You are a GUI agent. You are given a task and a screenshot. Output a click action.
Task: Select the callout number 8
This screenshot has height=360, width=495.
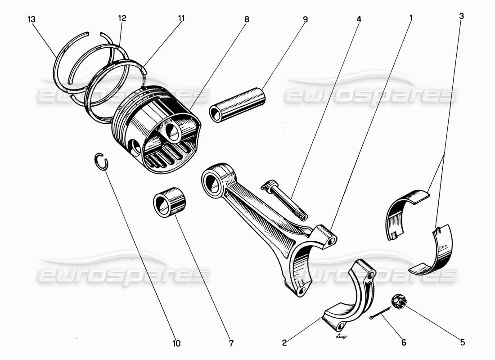pos(246,19)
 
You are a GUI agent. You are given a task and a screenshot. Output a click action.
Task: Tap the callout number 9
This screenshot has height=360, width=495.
pos(305,19)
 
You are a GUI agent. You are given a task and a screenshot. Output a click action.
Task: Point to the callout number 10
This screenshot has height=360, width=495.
pos(176,343)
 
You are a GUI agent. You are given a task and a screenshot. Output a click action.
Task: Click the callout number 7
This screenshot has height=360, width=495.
pos(231,343)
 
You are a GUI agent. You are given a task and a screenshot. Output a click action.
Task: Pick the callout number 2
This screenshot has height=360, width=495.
pos(284,342)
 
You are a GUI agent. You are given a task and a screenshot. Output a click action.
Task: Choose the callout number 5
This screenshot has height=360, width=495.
pos(462,342)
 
